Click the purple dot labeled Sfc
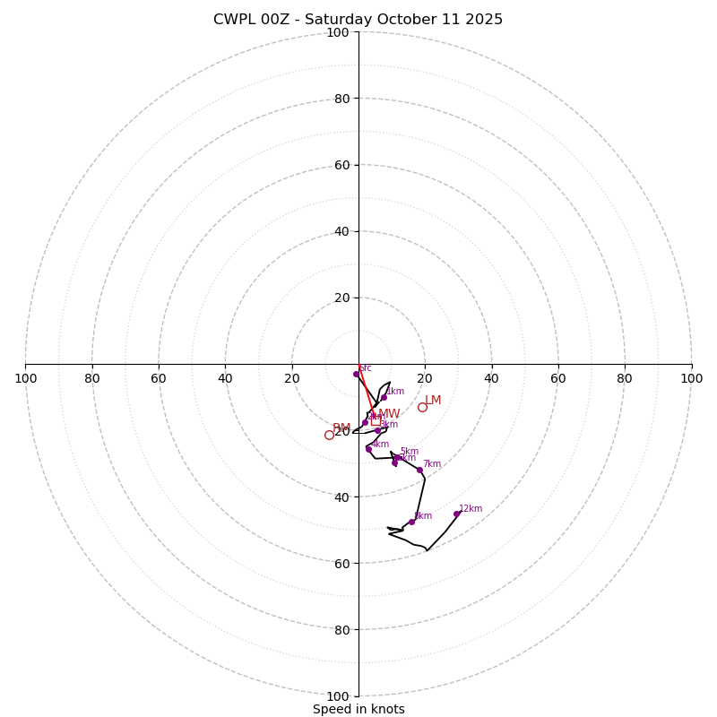pos(356,374)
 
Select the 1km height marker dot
pos(384,397)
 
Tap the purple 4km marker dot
pos(368,449)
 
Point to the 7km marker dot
pos(419,470)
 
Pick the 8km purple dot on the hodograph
pos(411,522)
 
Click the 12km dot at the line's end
pos(456,514)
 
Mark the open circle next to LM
pos(422,407)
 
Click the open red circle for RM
pos(329,435)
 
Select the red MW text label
pos(389,414)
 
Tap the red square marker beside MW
pos(376,419)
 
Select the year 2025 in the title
pos(483,20)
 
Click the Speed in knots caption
pos(358,709)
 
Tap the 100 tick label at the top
pos(337,32)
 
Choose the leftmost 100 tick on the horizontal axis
pos(25,379)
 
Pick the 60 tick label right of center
pos(558,379)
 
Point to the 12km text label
pos(471,509)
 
